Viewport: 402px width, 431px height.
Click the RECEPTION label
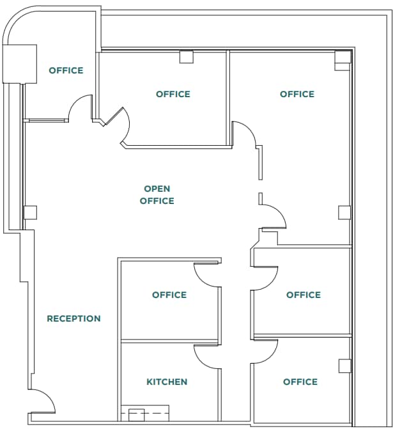point(73,318)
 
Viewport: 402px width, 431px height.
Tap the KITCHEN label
point(167,382)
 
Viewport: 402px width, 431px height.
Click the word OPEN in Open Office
point(157,189)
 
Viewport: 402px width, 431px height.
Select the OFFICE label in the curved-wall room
point(66,70)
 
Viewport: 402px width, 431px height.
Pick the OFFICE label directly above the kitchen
point(169,295)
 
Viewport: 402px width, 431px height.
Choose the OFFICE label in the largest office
point(297,94)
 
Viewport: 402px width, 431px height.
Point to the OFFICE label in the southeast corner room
point(300,382)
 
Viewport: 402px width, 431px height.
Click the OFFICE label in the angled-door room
point(173,94)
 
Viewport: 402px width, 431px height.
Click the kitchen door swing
point(206,356)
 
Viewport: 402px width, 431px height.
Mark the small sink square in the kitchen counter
point(137,415)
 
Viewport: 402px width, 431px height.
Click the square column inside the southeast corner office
point(344,366)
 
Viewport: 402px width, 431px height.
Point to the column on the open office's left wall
point(29,213)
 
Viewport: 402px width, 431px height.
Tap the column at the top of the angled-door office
point(186,57)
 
